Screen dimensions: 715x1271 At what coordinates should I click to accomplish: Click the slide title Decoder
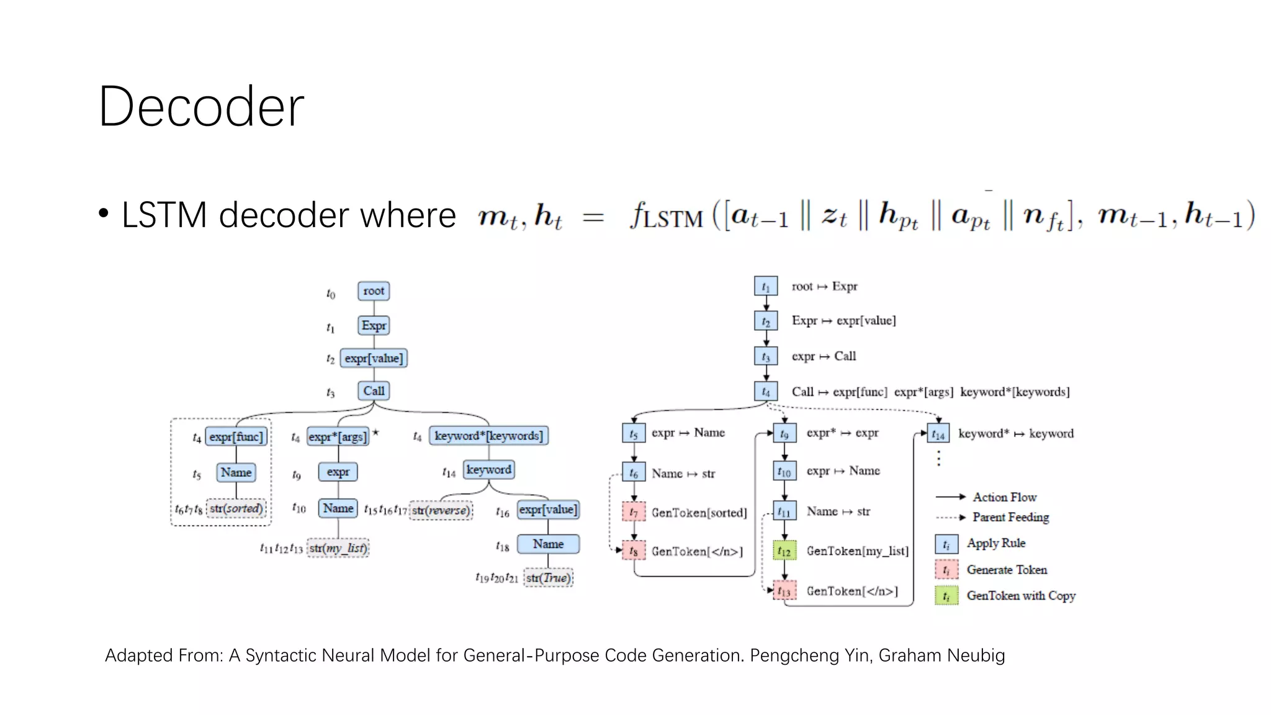coord(201,107)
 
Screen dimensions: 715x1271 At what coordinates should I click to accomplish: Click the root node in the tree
coord(374,291)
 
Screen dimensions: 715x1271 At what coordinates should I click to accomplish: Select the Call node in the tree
coord(374,391)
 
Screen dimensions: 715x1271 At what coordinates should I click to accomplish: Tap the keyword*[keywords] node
coord(488,436)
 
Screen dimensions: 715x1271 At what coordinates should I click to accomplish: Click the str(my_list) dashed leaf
coord(338,548)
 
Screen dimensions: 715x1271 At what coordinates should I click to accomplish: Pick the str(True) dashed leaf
coord(548,578)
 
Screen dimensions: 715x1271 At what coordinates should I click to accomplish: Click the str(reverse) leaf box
coord(441,510)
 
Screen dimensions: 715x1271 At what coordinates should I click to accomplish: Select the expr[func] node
coord(236,437)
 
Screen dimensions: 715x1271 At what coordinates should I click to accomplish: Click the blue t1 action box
coord(765,287)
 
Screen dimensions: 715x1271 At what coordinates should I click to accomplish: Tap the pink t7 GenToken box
coord(634,513)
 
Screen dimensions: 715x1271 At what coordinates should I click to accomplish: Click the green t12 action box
coord(784,551)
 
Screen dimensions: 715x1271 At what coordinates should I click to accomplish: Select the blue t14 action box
coord(938,434)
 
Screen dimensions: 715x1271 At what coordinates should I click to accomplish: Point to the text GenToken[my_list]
coord(857,551)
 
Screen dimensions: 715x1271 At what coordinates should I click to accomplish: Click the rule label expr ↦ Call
coord(824,356)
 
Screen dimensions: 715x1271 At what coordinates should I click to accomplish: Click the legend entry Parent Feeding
coord(1010,517)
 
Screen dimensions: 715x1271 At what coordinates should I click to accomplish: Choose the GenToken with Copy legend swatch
coord(946,596)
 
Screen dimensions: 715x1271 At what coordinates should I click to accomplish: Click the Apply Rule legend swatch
coord(946,544)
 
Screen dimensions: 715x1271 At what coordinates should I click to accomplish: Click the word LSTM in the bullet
coord(164,215)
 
